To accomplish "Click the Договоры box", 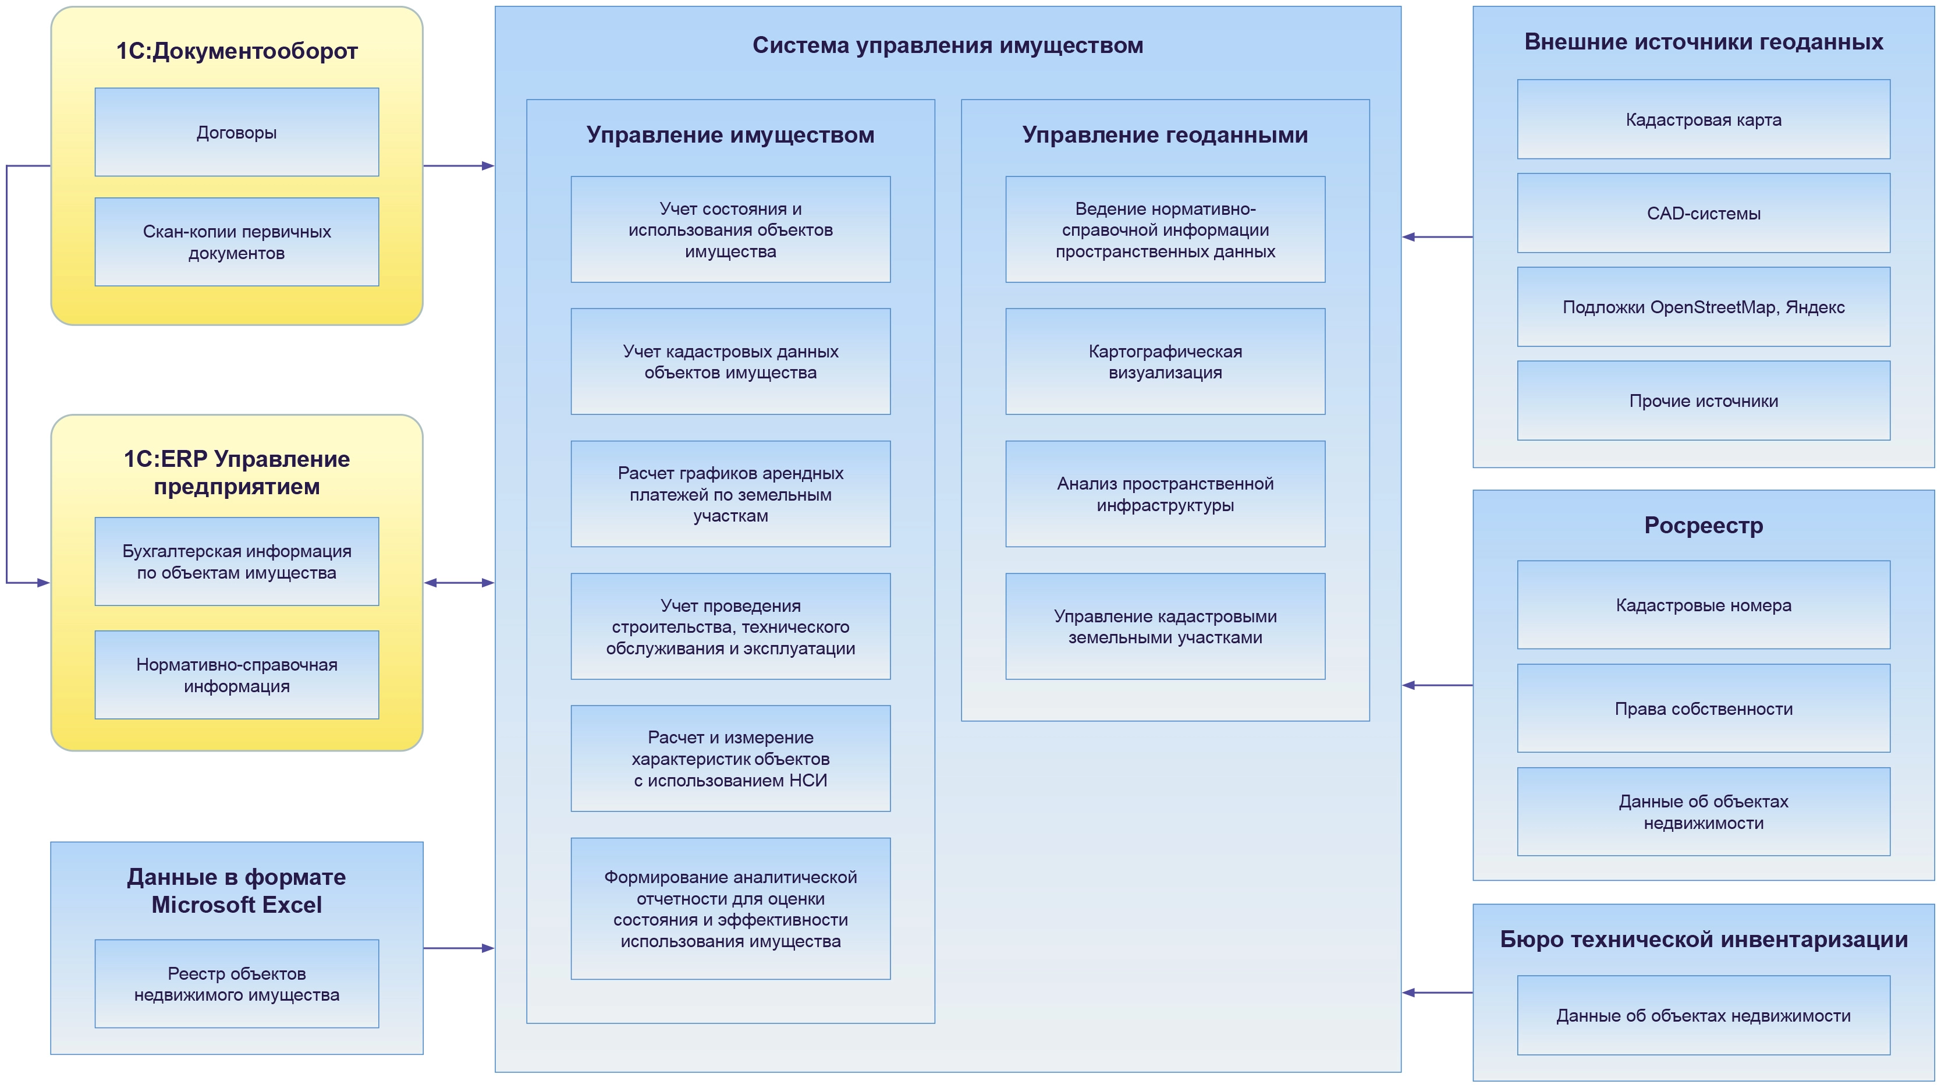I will tap(237, 133).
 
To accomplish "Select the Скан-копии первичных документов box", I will tap(237, 242).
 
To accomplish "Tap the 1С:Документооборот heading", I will tap(237, 51).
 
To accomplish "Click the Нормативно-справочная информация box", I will tap(237, 675).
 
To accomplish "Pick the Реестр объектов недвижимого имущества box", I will tap(237, 984).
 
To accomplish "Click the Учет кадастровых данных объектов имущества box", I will tap(730, 362).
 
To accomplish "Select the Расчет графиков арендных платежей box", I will tap(730, 494).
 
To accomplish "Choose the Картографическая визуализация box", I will tap(1165, 362).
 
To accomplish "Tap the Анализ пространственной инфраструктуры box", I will tap(1165, 494).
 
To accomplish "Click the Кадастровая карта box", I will tap(1703, 120).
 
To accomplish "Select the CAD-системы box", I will tap(1703, 213).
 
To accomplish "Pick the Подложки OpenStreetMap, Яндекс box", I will tap(1703, 307).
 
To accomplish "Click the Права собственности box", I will tap(1703, 708).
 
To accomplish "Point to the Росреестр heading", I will tap(1703, 525).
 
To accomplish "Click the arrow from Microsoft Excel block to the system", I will tap(458, 948).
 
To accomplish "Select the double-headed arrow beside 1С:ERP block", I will tap(459, 583).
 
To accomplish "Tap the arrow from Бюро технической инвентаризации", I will tap(1437, 993).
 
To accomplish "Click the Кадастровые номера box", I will tap(1703, 605).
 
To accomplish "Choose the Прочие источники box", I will tap(1703, 401).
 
